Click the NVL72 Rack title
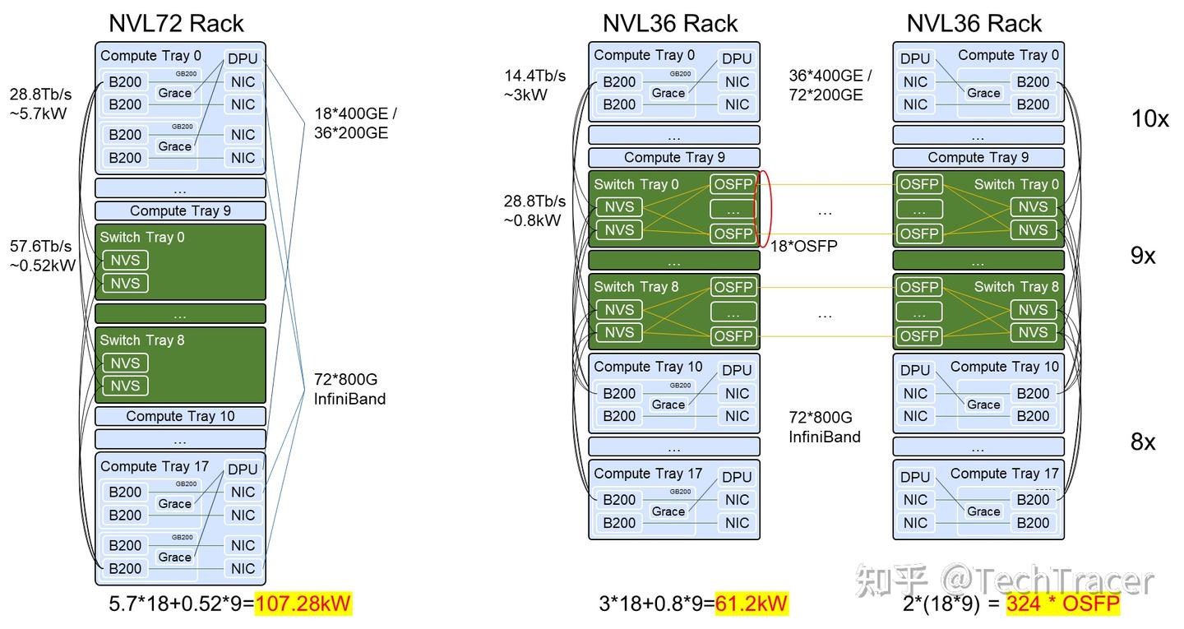pos(177,23)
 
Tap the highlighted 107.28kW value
pos(303,604)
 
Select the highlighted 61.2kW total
pos(751,604)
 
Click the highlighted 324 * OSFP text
pos(1062,604)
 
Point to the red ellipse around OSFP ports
pos(764,208)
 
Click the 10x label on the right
pos(1149,118)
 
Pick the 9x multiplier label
pos(1143,256)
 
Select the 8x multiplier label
pos(1143,442)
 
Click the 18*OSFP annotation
pos(803,246)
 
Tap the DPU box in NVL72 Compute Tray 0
pos(243,58)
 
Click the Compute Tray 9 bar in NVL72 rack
pos(180,210)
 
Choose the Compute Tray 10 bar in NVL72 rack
pos(180,416)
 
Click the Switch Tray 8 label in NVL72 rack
pos(142,340)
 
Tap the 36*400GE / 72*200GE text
pos(830,85)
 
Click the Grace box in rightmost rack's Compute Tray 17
pos(983,511)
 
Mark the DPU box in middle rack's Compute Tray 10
pos(737,370)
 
